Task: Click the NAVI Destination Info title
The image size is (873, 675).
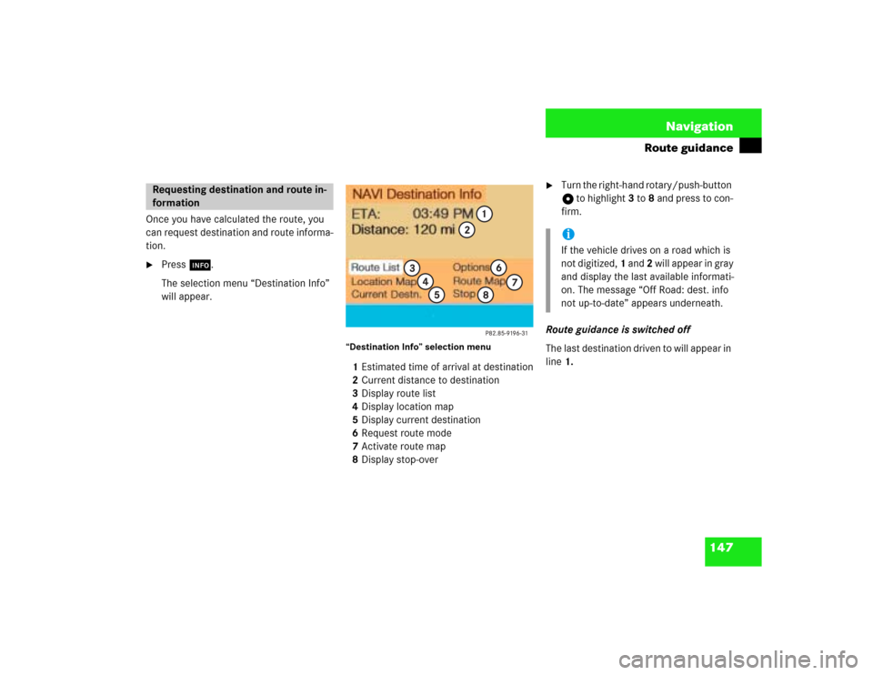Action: click(416, 194)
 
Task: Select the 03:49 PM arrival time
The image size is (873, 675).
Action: click(442, 214)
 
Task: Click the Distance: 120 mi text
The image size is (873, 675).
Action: click(403, 230)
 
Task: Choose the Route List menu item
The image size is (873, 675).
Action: click(376, 267)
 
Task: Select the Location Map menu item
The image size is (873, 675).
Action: click(384, 282)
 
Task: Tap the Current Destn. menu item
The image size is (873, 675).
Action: click(386, 295)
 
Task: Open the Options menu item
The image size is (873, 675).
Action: click(471, 267)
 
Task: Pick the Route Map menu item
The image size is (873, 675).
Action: click(478, 282)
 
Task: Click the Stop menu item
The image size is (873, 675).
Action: click(464, 295)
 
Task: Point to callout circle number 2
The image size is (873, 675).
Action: click(466, 230)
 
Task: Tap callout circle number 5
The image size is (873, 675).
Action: click(436, 295)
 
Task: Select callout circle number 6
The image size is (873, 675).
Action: click(498, 267)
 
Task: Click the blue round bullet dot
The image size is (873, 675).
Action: click(567, 234)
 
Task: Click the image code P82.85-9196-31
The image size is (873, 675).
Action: click(506, 333)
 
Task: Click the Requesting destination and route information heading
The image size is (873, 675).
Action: click(238, 196)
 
